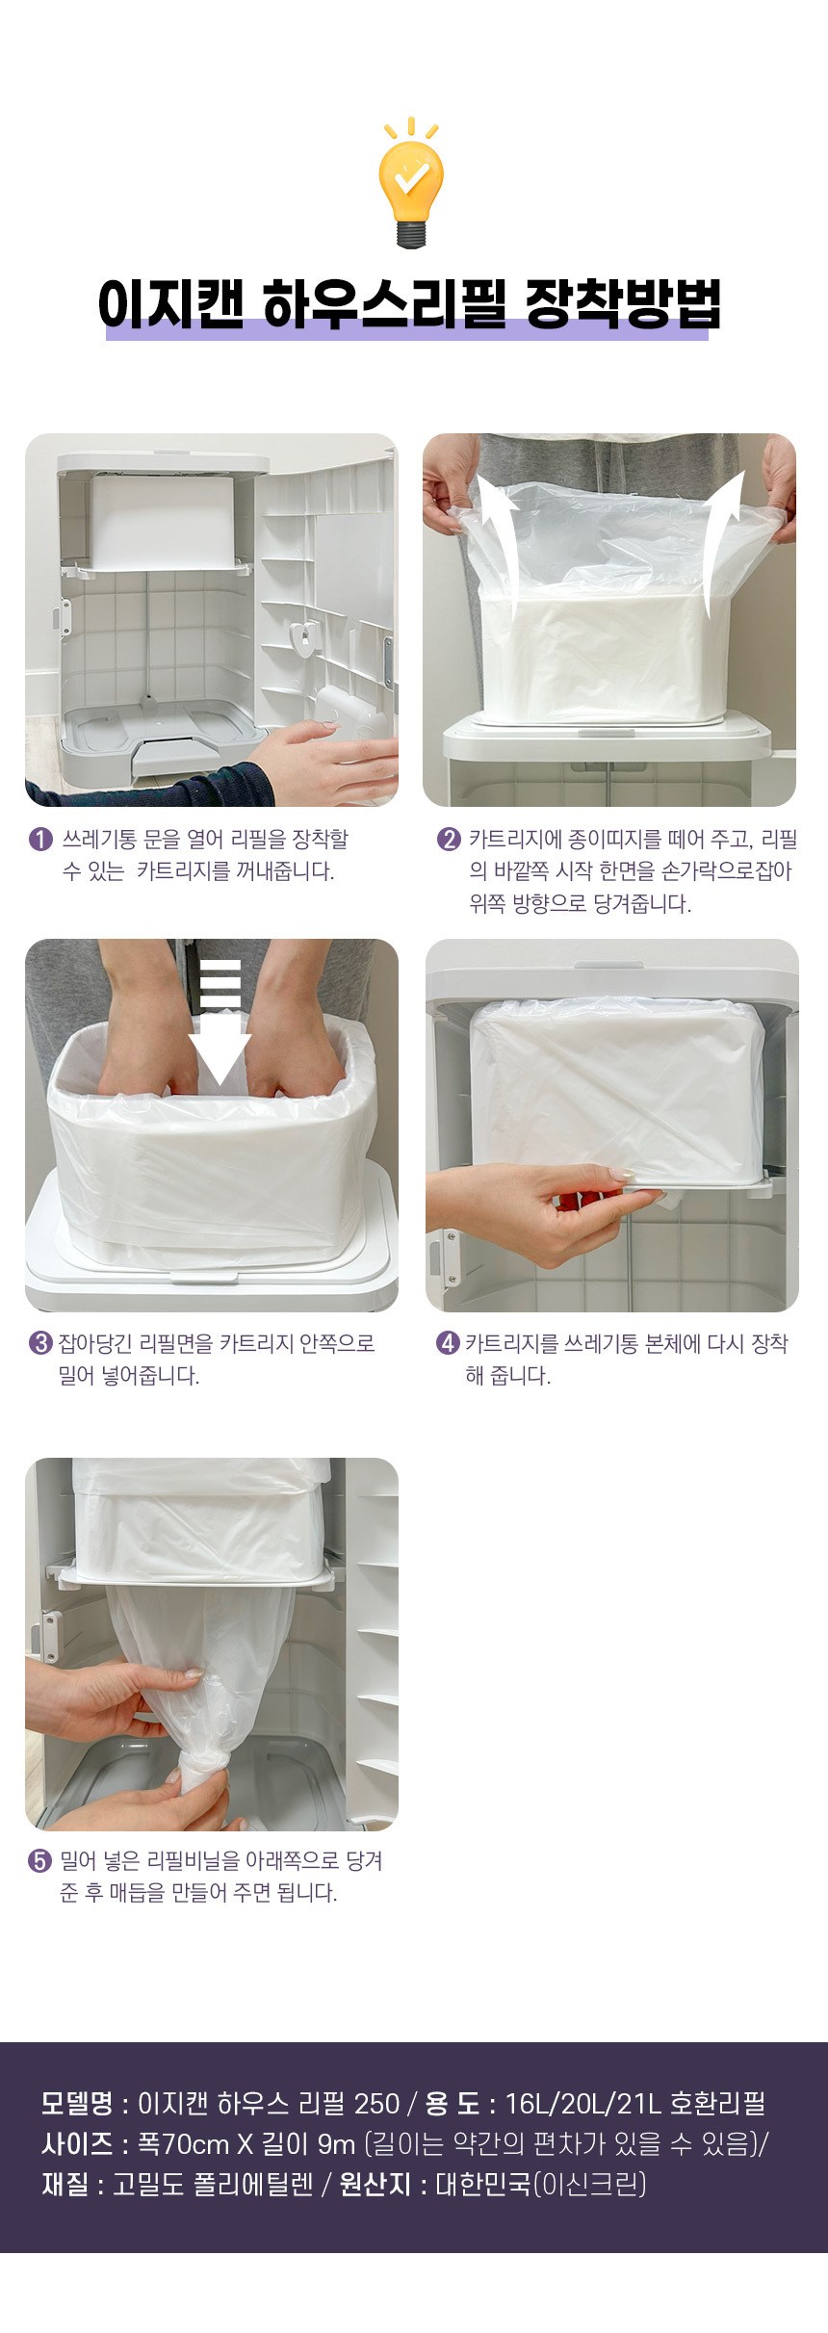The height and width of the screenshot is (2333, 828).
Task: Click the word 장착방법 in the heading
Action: coord(623,304)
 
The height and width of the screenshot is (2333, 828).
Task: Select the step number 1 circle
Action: coord(40,840)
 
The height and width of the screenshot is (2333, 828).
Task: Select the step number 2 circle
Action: coord(449,840)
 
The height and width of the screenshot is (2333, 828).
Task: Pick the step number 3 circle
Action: coord(40,1343)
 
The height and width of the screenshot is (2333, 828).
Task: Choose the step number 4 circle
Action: coord(449,1343)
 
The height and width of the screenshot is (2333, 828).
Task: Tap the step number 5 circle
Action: coord(40,1860)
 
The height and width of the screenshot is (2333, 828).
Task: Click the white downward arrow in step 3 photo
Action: coord(220,1021)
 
